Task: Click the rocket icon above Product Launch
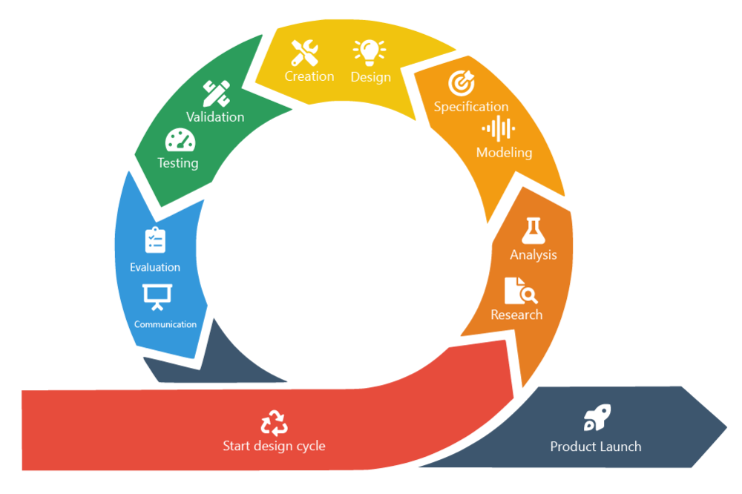[x=597, y=418]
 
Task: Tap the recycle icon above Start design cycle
[x=274, y=423]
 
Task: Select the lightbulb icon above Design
[x=369, y=53]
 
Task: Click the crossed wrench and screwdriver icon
[x=305, y=53]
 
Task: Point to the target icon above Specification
[x=462, y=83]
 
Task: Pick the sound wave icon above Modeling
[x=499, y=129]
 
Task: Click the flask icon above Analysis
[x=533, y=231]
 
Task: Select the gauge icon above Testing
[x=180, y=140]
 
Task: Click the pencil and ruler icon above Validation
[x=216, y=93]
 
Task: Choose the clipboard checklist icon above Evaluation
[x=155, y=240]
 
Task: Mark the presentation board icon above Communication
[x=157, y=297]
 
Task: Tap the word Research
[x=516, y=314]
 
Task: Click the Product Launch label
[x=596, y=447]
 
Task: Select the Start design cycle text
[x=274, y=446]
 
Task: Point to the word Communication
[x=165, y=324]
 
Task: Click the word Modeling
[x=504, y=152]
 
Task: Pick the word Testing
[x=178, y=162]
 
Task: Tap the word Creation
[x=309, y=76]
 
